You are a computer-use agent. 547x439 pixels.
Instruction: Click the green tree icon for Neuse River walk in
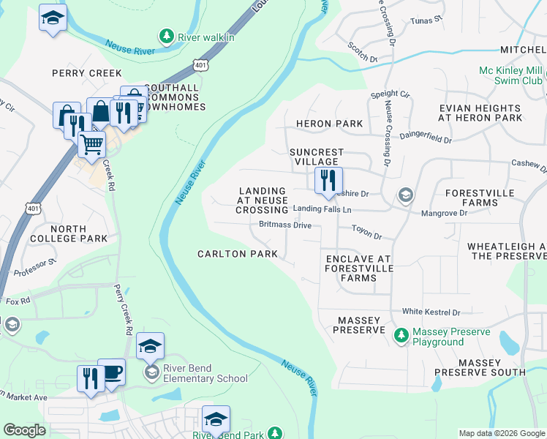tap(167, 36)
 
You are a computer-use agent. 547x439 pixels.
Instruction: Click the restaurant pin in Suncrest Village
tap(328, 179)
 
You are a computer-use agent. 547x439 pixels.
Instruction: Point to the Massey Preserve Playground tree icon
tap(401, 336)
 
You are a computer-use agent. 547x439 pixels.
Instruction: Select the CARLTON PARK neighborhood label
tap(238, 254)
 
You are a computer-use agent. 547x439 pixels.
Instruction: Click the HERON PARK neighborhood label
tap(329, 124)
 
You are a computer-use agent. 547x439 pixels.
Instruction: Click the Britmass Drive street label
tap(285, 225)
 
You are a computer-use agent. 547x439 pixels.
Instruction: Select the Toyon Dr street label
tap(367, 236)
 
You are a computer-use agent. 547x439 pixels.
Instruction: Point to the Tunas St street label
tap(427, 22)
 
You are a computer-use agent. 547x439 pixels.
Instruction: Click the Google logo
tap(25, 430)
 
